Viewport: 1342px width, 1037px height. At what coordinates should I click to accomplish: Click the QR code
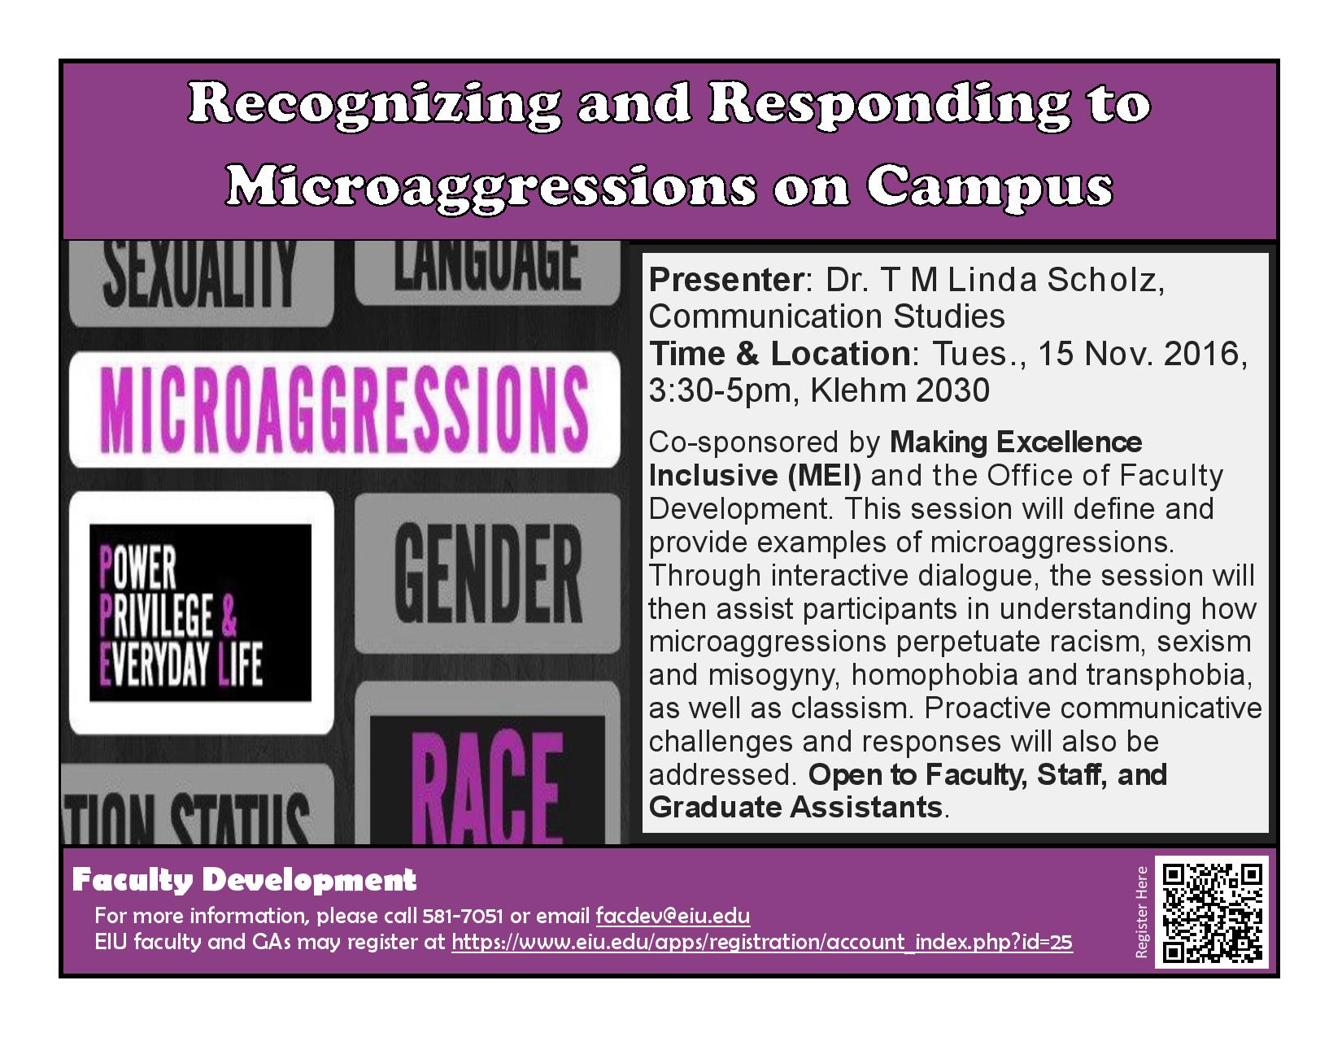[1212, 913]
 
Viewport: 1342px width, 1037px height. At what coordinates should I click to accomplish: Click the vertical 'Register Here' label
[1141, 912]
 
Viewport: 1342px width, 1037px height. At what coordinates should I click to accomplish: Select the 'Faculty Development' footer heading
[244, 880]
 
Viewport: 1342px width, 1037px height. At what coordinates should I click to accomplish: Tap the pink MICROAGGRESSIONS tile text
[343, 409]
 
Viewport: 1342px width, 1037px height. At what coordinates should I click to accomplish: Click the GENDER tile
[487, 573]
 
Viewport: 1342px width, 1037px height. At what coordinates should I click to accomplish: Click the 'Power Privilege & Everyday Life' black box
[200, 612]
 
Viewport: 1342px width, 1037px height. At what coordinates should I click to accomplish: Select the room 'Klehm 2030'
[900, 390]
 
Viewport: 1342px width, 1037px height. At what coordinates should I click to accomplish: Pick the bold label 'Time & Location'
[779, 354]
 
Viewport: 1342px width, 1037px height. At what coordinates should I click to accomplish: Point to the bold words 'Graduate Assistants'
[795, 808]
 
